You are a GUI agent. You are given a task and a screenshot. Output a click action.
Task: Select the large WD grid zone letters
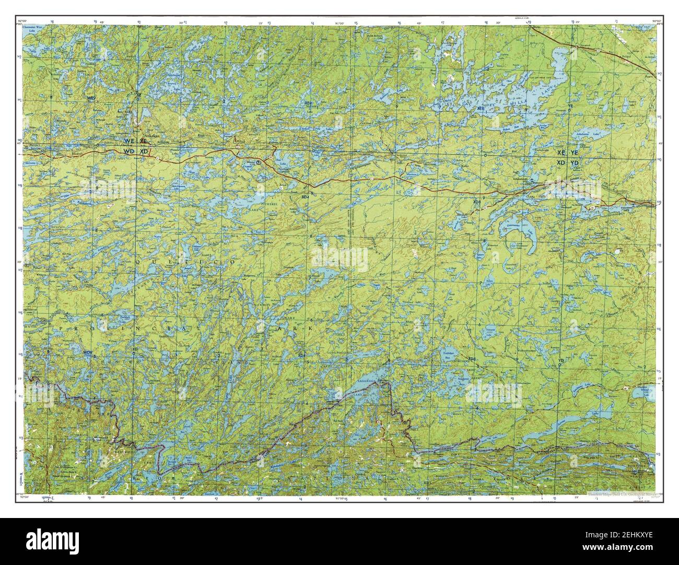(x=129, y=151)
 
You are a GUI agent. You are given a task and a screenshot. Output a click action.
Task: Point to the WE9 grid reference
(x=91, y=98)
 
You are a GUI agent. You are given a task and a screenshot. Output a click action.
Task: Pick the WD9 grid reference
(x=88, y=353)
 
